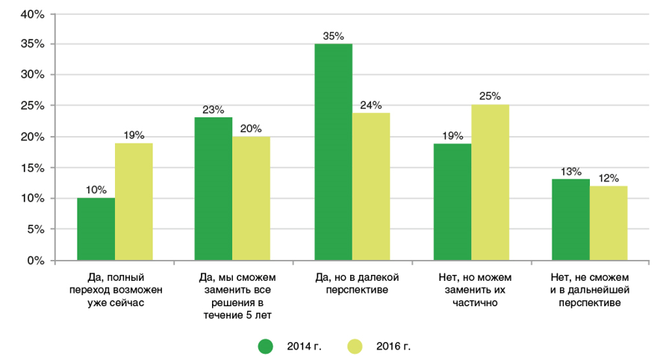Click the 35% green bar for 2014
pyautogui.click(x=333, y=152)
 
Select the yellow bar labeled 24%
pyautogui.click(x=371, y=187)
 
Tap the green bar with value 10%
pyautogui.click(x=96, y=229)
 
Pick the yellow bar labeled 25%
pyautogui.click(x=490, y=183)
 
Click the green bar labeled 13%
pyautogui.click(x=570, y=220)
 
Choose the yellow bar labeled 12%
pyautogui.click(x=609, y=223)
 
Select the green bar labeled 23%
pyautogui.click(x=214, y=189)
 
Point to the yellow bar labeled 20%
pyautogui.click(x=252, y=199)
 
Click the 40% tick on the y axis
pyautogui.click(x=34, y=13)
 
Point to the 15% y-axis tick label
pyautogui.click(x=34, y=168)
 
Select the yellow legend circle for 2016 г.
pyautogui.click(x=354, y=346)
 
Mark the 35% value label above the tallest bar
pyautogui.click(x=333, y=35)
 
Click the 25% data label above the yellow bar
pyautogui.click(x=491, y=96)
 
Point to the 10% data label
pyautogui.click(x=96, y=189)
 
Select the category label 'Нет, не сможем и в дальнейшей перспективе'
pyautogui.click(x=590, y=291)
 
